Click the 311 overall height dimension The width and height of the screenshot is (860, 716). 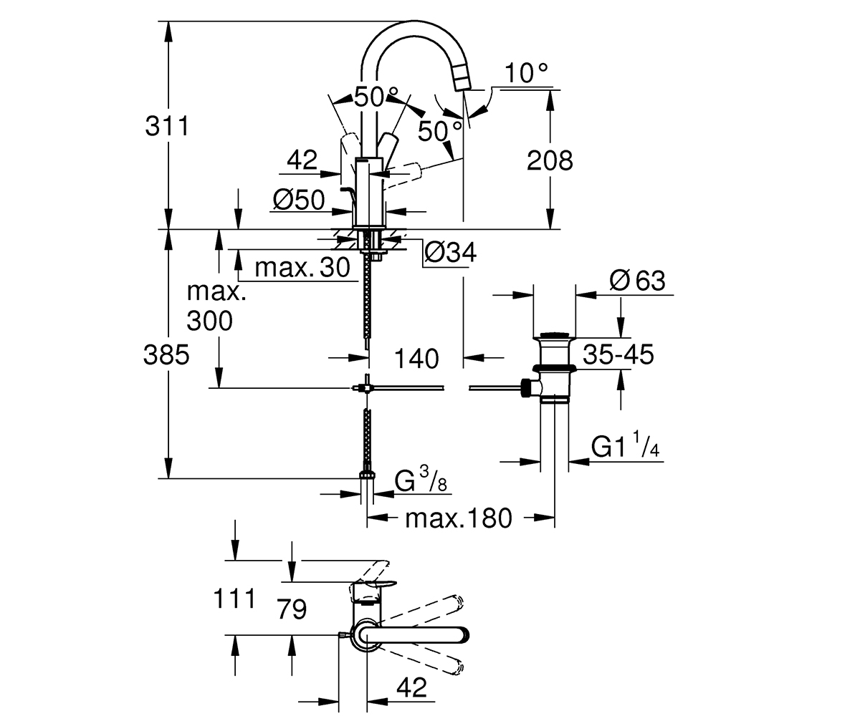[x=167, y=126]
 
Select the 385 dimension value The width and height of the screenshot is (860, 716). [x=166, y=354]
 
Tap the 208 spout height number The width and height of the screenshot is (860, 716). [x=550, y=160]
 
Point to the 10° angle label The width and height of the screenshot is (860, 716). [x=526, y=73]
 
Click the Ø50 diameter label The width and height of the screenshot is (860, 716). [x=299, y=200]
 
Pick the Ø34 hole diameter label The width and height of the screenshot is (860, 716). [x=450, y=252]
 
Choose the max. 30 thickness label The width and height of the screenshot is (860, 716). [x=302, y=268]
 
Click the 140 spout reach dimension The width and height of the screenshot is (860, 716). [x=416, y=359]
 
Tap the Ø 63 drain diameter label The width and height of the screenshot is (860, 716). [x=637, y=281]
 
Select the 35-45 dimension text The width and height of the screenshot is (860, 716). [x=618, y=354]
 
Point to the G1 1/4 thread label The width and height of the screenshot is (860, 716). [x=625, y=445]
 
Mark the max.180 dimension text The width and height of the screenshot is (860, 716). [x=459, y=518]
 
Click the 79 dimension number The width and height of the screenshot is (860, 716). [x=292, y=609]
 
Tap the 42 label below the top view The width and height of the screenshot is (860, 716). [x=411, y=687]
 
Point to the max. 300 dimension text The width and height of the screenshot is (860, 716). [x=216, y=306]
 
